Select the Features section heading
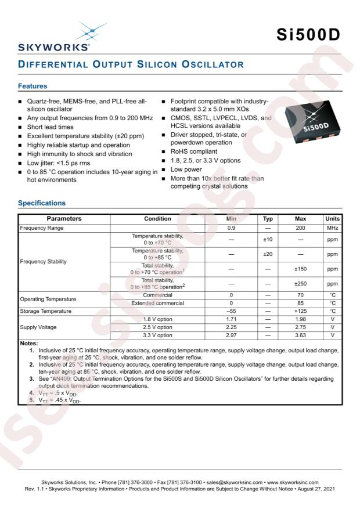pos(33,86)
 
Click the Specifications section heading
pos(42,203)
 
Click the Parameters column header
pos(64,219)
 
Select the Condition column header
pos(157,219)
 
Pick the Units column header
pos(333,219)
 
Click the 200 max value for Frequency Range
pos(300,228)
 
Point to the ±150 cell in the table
pos(300,269)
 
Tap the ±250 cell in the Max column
pos(300,284)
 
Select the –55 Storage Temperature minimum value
pos(231,311)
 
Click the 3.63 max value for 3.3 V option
pos(300,335)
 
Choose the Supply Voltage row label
pos(38,327)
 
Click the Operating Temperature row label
pos(48,299)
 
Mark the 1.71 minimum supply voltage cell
pos(231,319)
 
